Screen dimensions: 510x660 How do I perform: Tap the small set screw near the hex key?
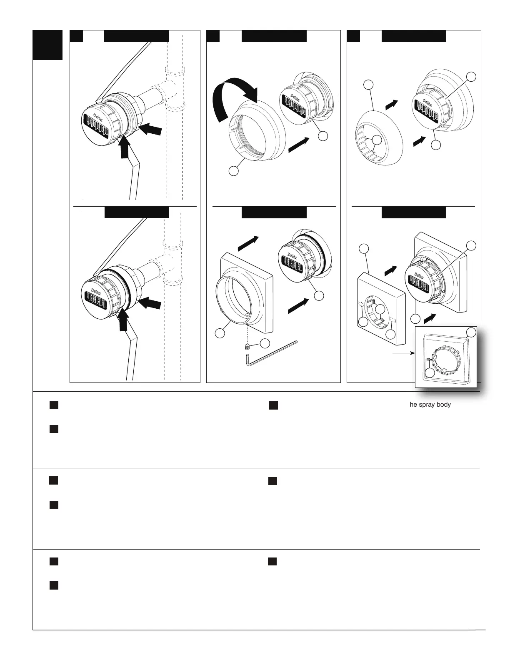[247, 346]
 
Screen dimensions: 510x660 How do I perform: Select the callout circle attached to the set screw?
[265, 343]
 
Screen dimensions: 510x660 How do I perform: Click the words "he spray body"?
[430, 404]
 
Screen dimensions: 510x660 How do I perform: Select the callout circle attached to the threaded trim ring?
[234, 171]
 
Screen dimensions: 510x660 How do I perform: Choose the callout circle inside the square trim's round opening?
[380, 309]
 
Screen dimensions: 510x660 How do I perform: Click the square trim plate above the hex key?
[246, 292]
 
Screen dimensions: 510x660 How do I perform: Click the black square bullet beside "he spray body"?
[273, 405]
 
